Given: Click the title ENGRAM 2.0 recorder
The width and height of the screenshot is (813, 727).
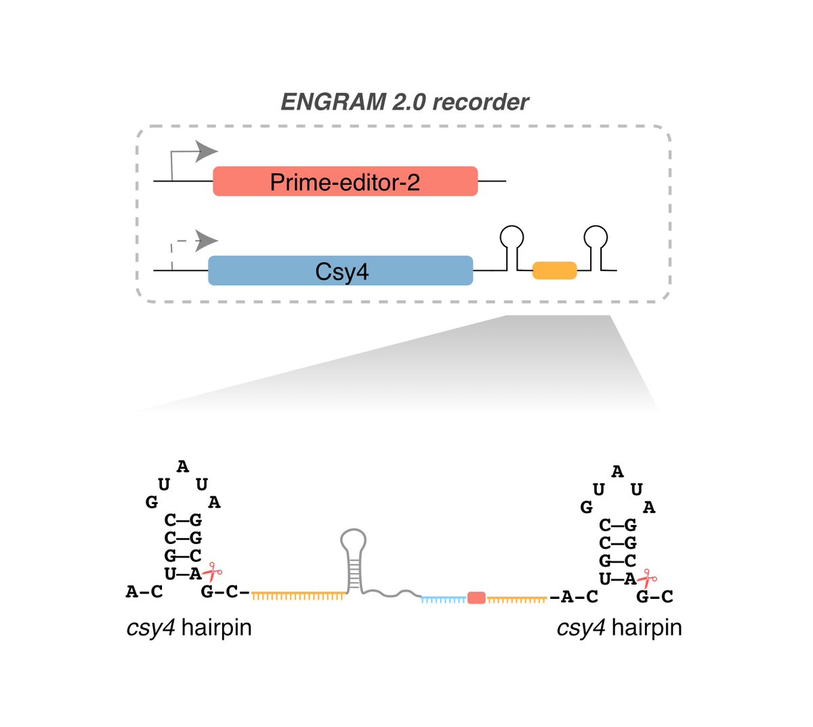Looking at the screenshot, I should [404, 102].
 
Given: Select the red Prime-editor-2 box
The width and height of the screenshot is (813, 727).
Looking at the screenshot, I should [345, 182].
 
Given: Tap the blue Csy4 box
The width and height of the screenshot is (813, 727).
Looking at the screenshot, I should [340, 271].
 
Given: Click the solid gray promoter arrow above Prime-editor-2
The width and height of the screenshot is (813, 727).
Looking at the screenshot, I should [203, 152].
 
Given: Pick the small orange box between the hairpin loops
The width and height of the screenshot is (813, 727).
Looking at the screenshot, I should [554, 270].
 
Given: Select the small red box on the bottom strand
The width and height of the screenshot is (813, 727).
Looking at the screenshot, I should [476, 598].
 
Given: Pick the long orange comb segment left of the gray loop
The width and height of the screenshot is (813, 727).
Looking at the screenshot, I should [298, 595].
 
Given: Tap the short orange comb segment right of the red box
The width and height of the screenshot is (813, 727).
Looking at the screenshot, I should [516, 599].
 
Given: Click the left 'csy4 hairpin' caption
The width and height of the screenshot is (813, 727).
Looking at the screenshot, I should [189, 627].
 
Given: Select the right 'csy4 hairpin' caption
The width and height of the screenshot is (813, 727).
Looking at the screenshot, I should [619, 627].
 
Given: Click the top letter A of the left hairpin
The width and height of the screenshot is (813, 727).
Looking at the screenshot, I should [183, 467].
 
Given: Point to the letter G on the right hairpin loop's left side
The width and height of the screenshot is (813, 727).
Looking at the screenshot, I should [587, 507].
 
